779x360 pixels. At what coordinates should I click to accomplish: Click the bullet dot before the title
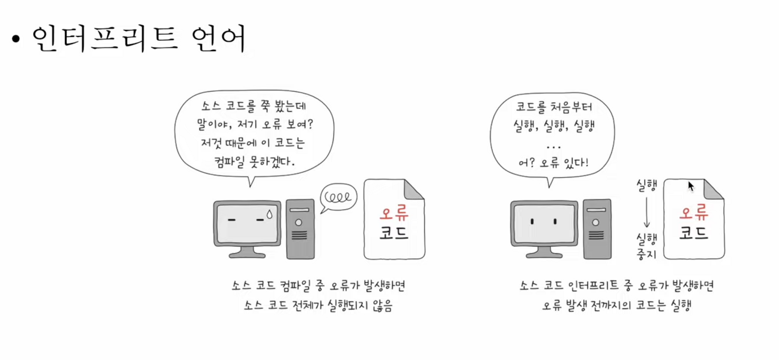pyautogui.click(x=16, y=39)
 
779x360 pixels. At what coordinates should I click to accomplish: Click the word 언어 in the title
pyautogui.click(x=219, y=38)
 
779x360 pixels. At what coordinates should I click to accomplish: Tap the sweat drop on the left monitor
pyautogui.click(x=270, y=214)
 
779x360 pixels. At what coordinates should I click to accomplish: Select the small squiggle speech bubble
pyautogui.click(x=338, y=197)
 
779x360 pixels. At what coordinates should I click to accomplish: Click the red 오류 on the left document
pyautogui.click(x=394, y=213)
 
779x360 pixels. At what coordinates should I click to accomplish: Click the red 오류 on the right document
pyautogui.click(x=694, y=212)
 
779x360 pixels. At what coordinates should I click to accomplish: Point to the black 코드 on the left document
pyautogui.click(x=394, y=233)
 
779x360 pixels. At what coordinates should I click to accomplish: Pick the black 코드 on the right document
pyautogui.click(x=694, y=233)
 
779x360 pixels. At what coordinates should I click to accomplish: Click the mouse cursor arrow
pyautogui.click(x=691, y=186)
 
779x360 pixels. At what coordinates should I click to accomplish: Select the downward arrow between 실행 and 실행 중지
pyautogui.click(x=647, y=212)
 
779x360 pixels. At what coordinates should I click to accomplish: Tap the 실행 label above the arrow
pyautogui.click(x=647, y=185)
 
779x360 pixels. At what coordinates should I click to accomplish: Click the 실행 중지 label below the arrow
pyautogui.click(x=647, y=246)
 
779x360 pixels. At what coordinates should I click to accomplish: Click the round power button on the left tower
pyautogui.click(x=299, y=222)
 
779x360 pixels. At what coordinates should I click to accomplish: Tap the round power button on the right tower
pyautogui.click(x=596, y=222)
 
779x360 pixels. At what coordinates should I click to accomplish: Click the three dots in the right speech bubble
pyautogui.click(x=553, y=147)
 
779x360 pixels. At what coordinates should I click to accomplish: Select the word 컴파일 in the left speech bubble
pyautogui.click(x=230, y=161)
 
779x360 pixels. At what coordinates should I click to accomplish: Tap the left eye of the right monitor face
pyautogui.click(x=532, y=222)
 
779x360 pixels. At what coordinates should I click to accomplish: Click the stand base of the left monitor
pyautogui.click(x=247, y=255)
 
